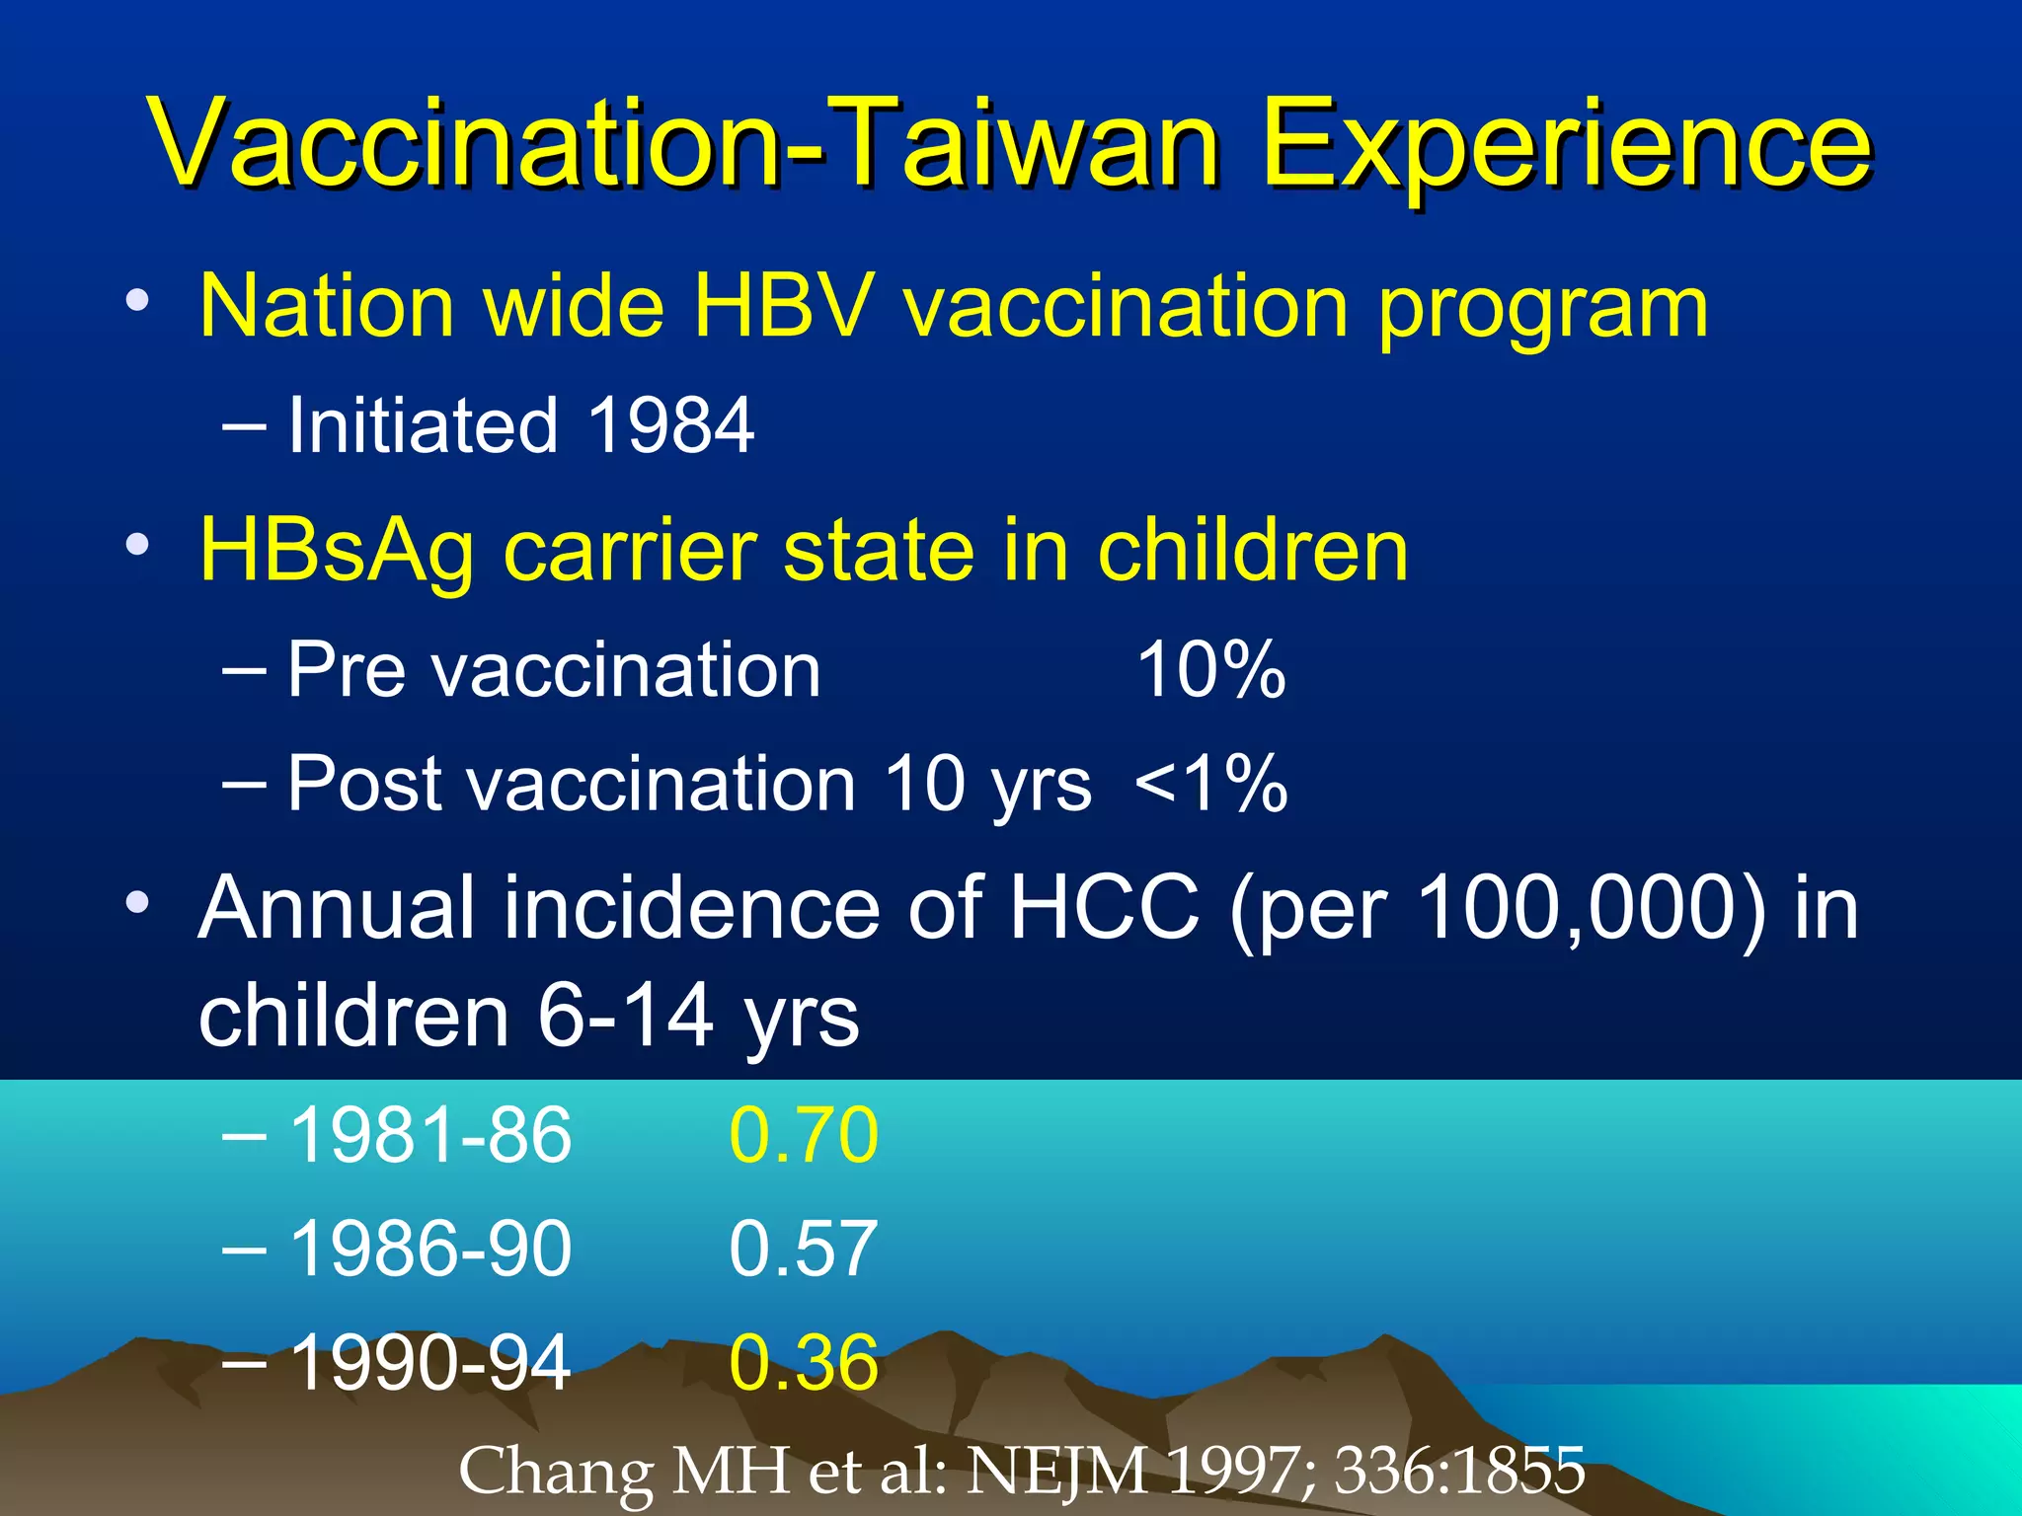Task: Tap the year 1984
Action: pos(670,425)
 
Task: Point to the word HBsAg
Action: pos(336,550)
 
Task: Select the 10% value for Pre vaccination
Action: pos(1210,670)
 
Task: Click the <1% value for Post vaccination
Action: pos(1210,784)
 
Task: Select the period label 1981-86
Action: pos(430,1135)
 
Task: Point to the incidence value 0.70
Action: pos(803,1135)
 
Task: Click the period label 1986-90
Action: pos(430,1249)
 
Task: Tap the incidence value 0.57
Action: pos(803,1249)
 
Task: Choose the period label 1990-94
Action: pos(430,1363)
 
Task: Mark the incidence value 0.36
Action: pos(803,1363)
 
